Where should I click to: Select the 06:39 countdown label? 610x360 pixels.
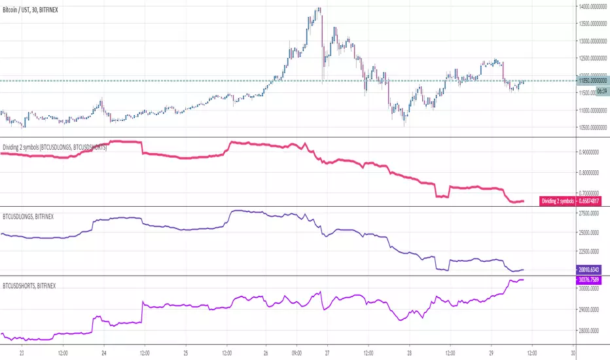coord(584,91)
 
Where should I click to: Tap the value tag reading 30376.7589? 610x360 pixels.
coord(592,279)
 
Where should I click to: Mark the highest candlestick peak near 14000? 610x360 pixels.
coord(319,9)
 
